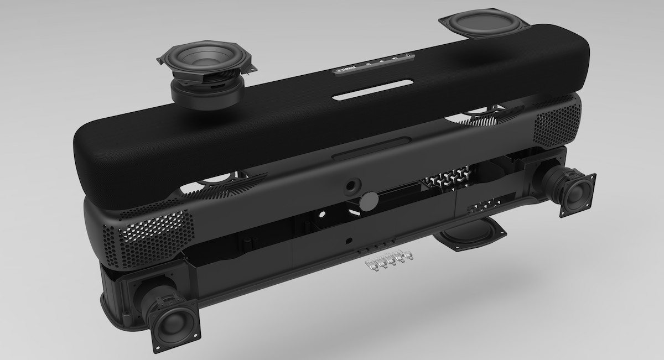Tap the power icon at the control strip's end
(x=407, y=55)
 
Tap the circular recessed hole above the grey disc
(x=351, y=184)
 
